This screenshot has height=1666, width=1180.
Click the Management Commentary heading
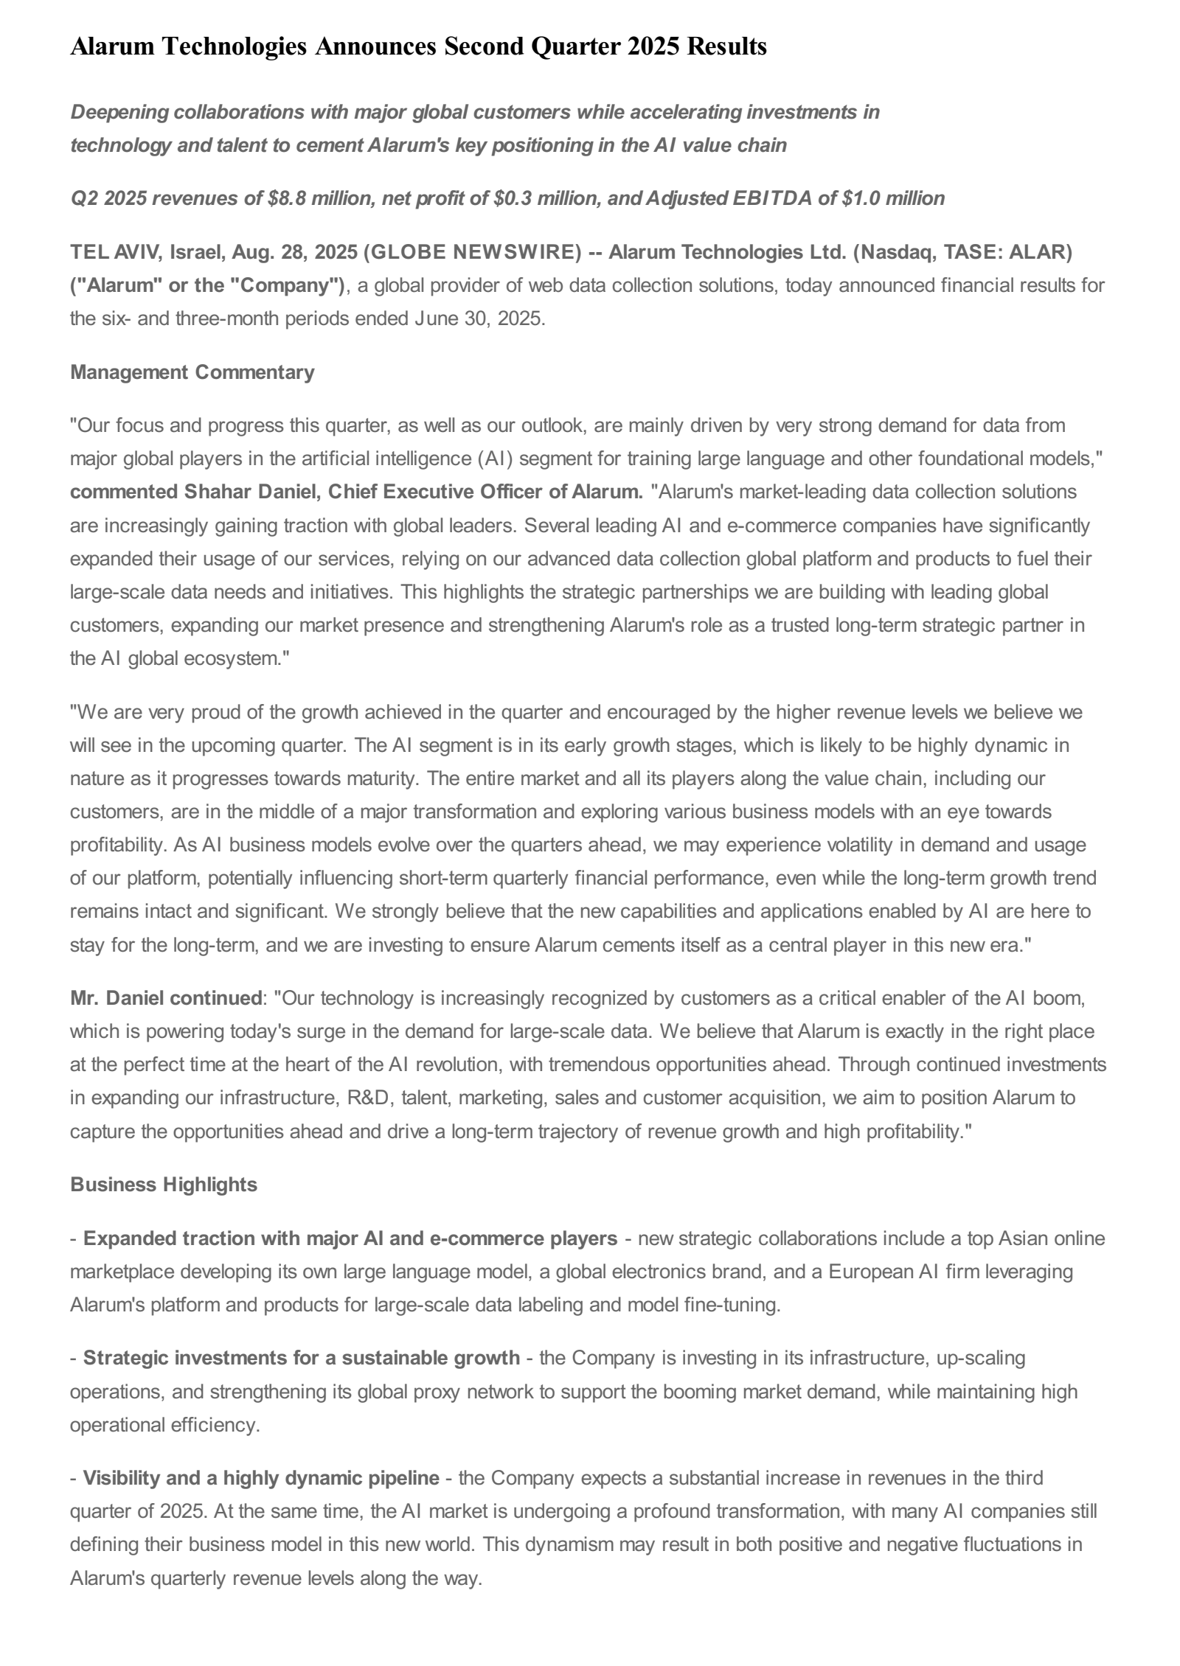[x=192, y=372]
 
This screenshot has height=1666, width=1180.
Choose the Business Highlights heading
[x=164, y=1185]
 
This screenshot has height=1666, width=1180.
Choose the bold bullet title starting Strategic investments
[x=301, y=1357]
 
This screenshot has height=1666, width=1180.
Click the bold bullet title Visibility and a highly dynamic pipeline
[x=261, y=1478]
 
